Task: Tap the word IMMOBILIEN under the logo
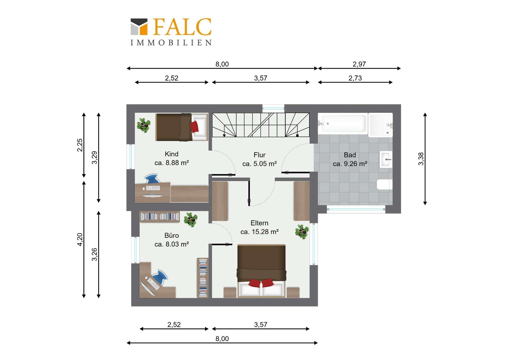pyautogui.click(x=171, y=43)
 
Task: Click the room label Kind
pyautogui.click(x=172, y=154)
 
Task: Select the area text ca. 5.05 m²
pyautogui.click(x=260, y=164)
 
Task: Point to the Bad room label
pyautogui.click(x=350, y=155)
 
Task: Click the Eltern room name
pyautogui.click(x=260, y=223)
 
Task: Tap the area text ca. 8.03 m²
pyautogui.click(x=172, y=244)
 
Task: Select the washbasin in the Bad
pyautogui.click(x=386, y=159)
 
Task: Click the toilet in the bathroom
pyautogui.click(x=384, y=184)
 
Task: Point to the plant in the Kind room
pyautogui.click(x=144, y=125)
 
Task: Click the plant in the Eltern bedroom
pyautogui.click(x=302, y=232)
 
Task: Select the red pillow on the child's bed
pyautogui.click(x=194, y=127)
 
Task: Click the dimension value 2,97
pyautogui.click(x=359, y=64)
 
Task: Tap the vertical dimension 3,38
pyautogui.click(x=421, y=159)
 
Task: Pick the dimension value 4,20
pyautogui.click(x=80, y=240)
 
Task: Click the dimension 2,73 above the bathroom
pyautogui.click(x=355, y=78)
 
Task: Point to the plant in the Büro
pyautogui.click(x=191, y=219)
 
